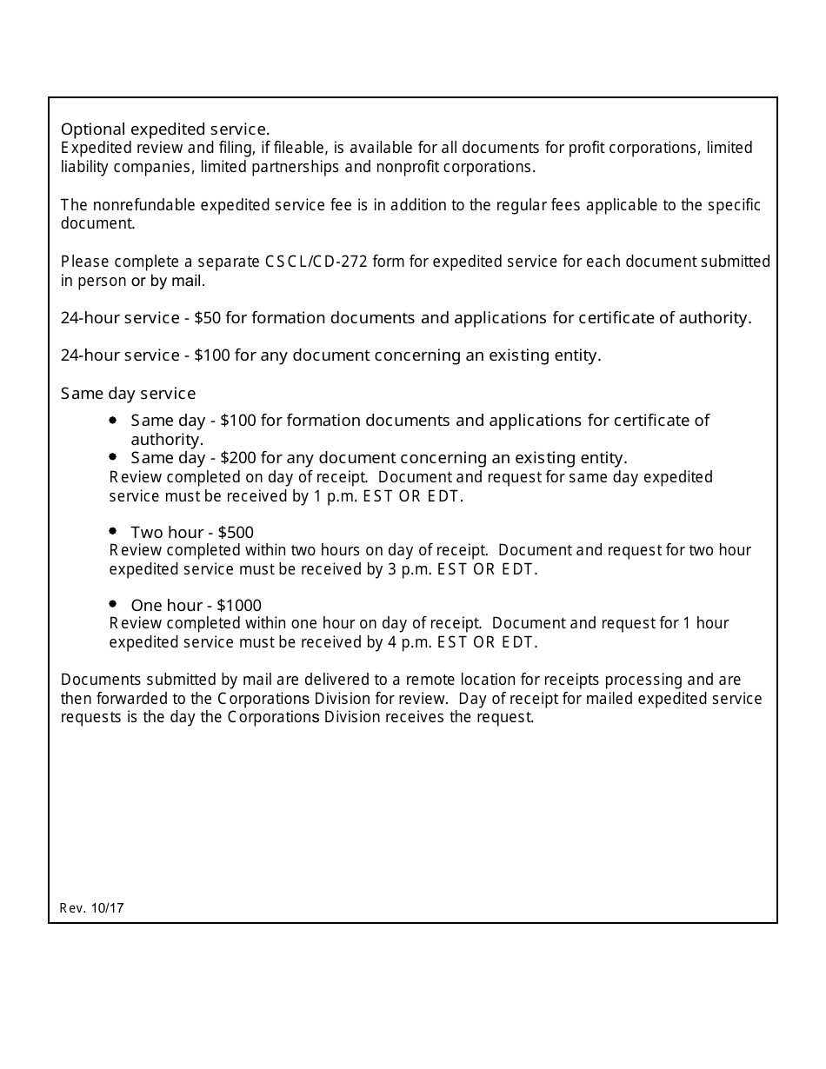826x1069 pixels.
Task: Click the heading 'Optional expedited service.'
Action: tap(165, 129)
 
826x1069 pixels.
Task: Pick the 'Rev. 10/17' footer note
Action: tap(92, 908)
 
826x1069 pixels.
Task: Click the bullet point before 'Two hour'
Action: tap(113, 531)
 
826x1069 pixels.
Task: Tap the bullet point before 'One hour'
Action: tap(113, 604)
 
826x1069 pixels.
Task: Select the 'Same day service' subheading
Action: tap(128, 394)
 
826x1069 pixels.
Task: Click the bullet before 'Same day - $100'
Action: tap(113, 420)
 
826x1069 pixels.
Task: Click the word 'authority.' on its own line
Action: tap(167, 440)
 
